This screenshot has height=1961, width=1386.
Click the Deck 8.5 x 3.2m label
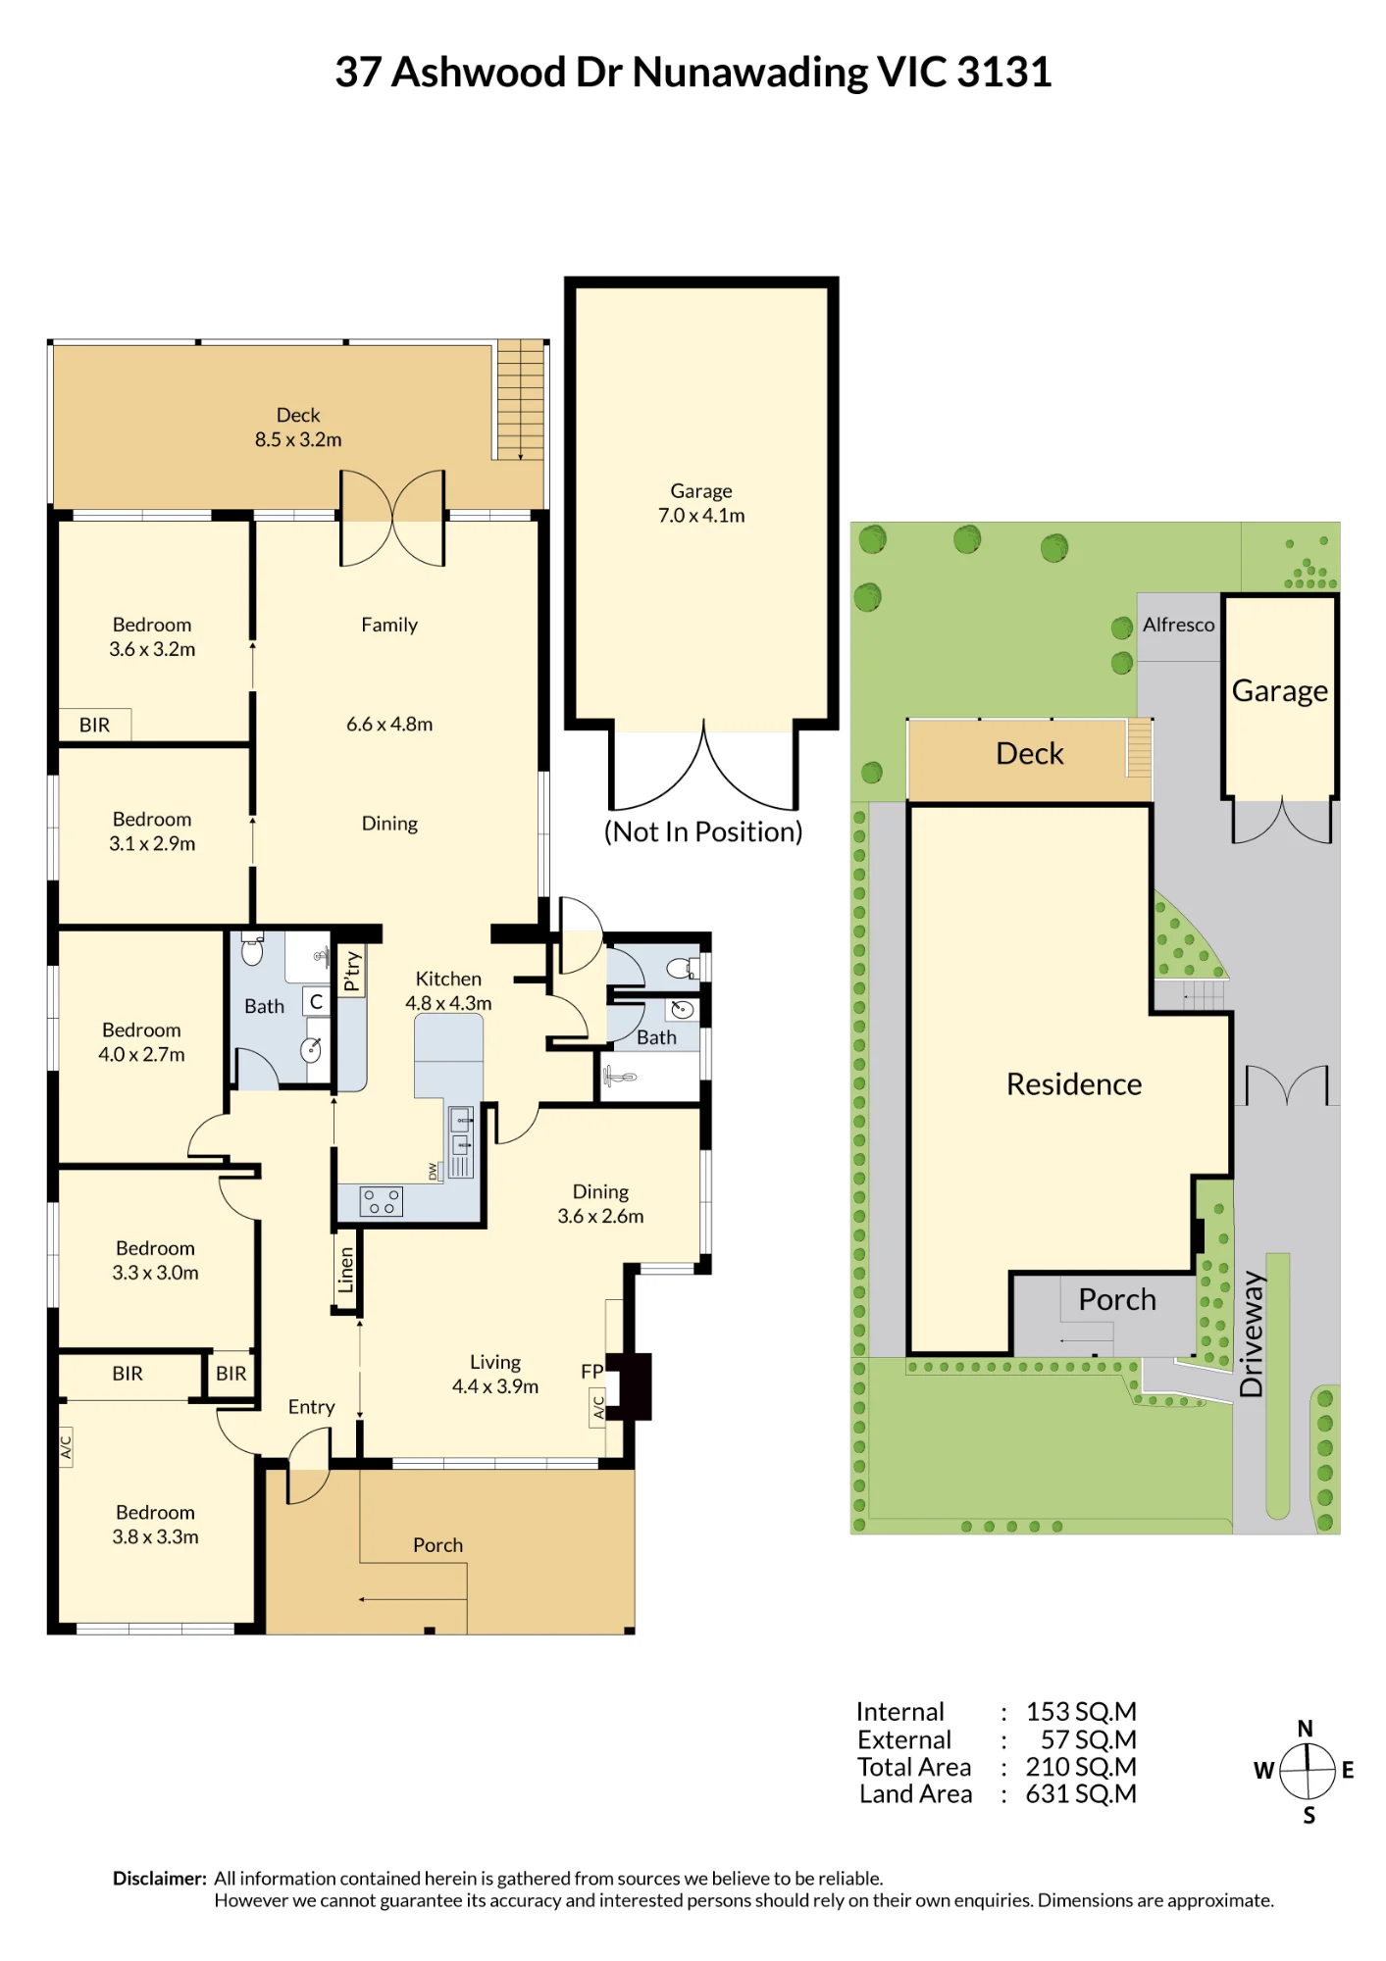coord(298,427)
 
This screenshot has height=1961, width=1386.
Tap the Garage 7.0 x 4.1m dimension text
coord(701,516)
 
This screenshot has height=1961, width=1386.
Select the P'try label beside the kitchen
coord(352,972)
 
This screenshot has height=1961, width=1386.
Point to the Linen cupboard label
coord(345,1270)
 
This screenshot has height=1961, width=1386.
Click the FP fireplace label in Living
coord(591,1372)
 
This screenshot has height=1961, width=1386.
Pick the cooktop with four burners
coord(382,1202)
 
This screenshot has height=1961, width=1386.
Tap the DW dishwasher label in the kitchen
coord(433,1171)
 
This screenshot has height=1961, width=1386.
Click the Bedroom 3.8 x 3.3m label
coord(155,1525)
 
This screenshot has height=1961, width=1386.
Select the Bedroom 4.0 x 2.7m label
coord(141,1042)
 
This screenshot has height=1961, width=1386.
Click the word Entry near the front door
coord(311,1407)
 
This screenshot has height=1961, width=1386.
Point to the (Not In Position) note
coord(703,831)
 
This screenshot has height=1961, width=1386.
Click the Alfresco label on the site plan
coord(1178,625)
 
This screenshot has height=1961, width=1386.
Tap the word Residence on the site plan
coord(1074,1083)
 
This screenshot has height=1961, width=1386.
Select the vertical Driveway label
coord(1252,1333)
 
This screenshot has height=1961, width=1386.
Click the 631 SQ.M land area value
coord(1081,1794)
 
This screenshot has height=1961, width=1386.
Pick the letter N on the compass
coord(1305,1729)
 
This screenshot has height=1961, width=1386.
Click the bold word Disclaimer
coord(160,1879)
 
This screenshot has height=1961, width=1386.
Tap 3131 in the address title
coord(1003,73)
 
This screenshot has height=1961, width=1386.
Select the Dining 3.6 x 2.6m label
coord(600,1204)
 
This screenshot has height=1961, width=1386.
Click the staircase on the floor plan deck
coord(520,400)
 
